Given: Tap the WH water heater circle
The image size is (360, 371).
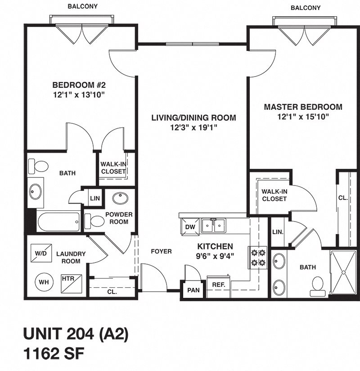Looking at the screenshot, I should tap(44, 282).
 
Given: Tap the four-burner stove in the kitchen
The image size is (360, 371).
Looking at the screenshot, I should tap(259, 258).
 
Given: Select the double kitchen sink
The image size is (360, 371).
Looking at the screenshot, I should tap(214, 225).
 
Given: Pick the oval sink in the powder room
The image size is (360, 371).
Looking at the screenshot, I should tap(120, 199).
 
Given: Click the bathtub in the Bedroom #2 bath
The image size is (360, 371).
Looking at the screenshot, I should tap(59, 222).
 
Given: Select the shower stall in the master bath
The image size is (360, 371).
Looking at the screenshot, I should tap(344, 273).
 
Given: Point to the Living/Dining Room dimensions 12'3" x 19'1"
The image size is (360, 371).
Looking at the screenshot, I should tap(193, 127).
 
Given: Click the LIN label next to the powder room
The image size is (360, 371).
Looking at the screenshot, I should tap(94, 198).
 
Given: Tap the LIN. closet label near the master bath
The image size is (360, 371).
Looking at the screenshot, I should tap(278, 232).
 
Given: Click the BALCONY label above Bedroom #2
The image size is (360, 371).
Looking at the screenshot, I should tap(82, 6).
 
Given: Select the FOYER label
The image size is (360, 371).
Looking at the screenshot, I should tap(161, 251).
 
